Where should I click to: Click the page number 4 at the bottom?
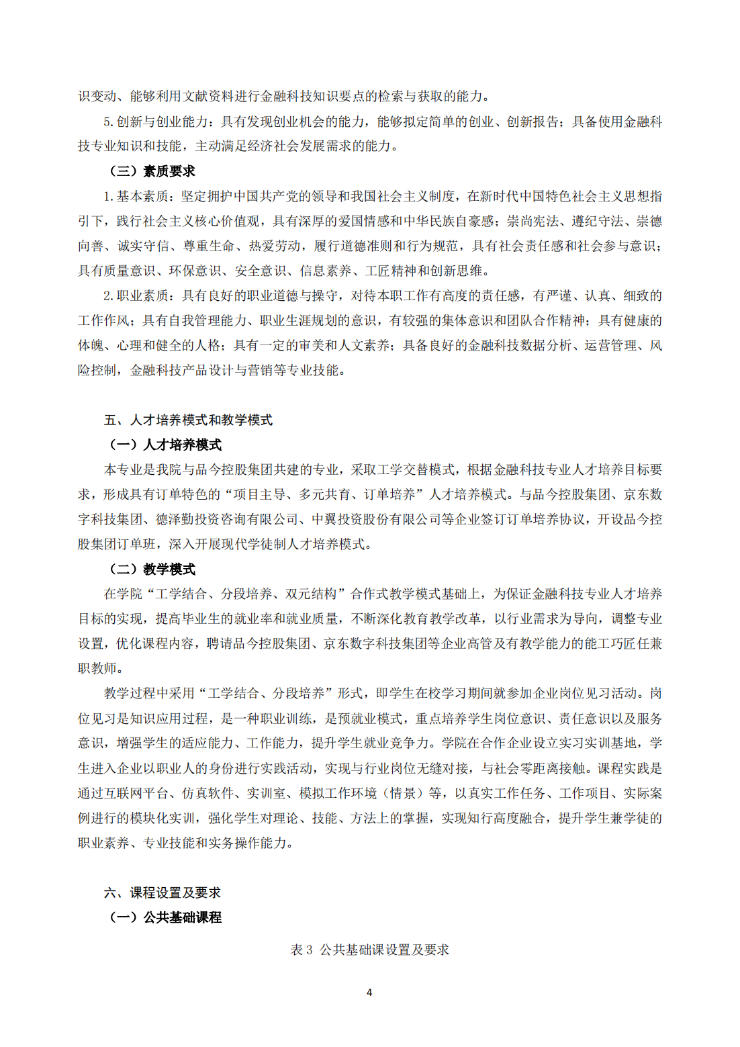click(369, 992)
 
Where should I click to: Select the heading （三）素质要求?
click(152, 171)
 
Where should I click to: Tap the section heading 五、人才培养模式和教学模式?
click(188, 420)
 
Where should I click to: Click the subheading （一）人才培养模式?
click(165, 445)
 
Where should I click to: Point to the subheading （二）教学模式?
click(152, 569)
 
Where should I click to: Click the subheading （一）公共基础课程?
click(165, 917)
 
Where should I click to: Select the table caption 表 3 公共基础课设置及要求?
click(369, 950)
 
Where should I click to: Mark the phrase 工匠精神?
click(391, 271)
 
